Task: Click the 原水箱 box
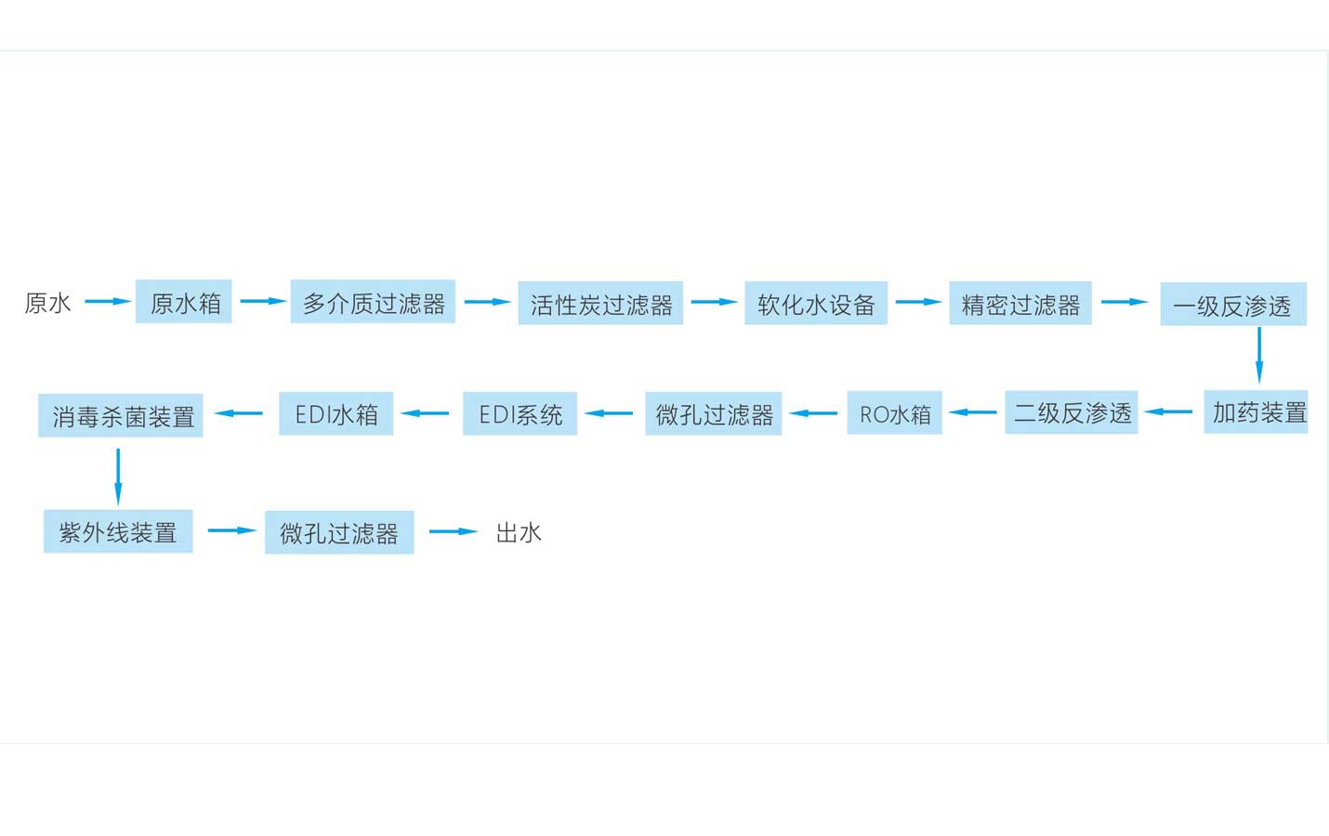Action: tap(183, 302)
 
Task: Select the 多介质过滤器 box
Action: tap(373, 302)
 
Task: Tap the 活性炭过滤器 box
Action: tap(600, 304)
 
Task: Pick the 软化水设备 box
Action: tap(816, 304)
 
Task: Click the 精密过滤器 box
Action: tap(1020, 304)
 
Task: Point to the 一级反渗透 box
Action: tap(1232, 305)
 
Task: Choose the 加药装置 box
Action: tap(1256, 412)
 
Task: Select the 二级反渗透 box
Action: tap(1071, 412)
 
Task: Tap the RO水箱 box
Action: tap(894, 413)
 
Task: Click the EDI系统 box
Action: tap(520, 414)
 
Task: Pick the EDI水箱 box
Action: tap(336, 414)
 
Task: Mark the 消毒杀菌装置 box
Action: tap(121, 416)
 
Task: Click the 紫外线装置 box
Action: tap(118, 531)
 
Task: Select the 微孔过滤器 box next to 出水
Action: tap(339, 532)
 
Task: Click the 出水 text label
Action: tap(518, 532)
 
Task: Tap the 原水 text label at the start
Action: tap(47, 303)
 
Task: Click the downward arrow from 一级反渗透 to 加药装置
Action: tap(1259, 355)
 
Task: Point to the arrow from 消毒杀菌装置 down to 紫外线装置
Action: tap(118, 476)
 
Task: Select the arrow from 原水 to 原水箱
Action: tap(108, 301)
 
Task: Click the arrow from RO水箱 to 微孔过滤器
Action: tap(814, 413)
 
